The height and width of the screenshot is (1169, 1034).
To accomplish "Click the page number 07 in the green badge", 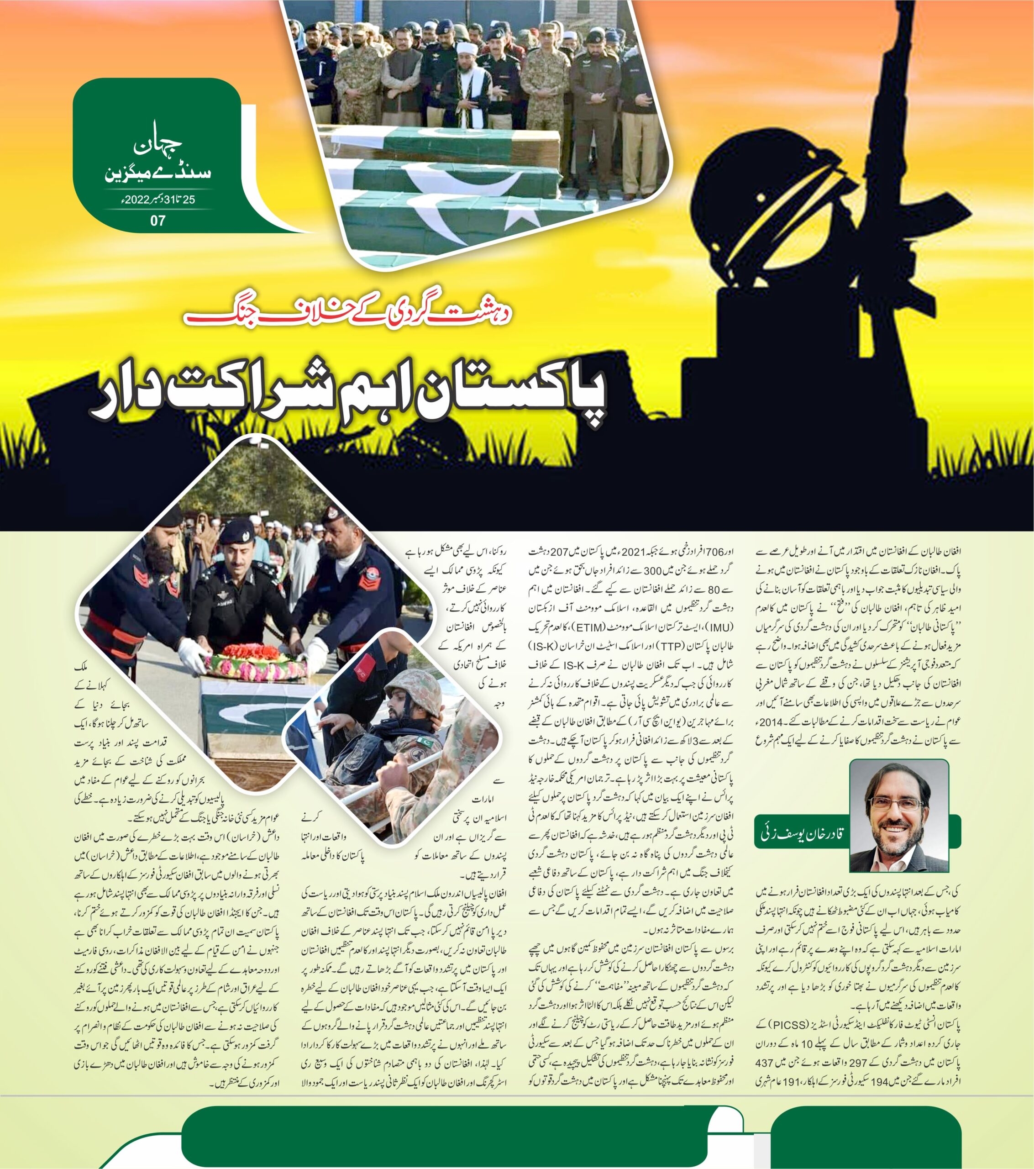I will (158, 220).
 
